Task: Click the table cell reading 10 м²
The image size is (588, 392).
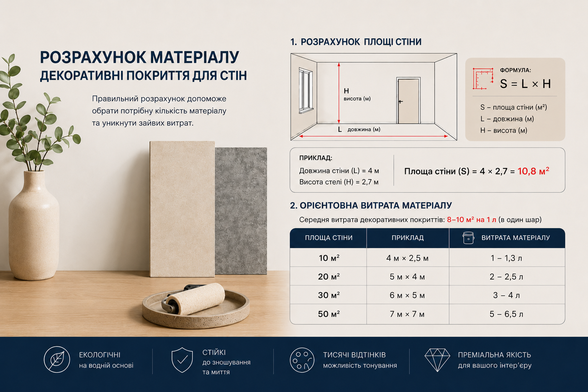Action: click(329, 258)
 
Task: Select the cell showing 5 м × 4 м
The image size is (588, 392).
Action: click(407, 277)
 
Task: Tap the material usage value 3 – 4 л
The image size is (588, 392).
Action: click(506, 295)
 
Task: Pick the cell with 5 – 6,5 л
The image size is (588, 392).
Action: click(506, 314)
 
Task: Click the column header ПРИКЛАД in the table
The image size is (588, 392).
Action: click(408, 238)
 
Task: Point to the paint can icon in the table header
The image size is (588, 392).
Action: click(468, 238)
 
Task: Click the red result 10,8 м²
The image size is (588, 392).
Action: click(533, 171)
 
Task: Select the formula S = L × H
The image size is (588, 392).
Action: click(525, 84)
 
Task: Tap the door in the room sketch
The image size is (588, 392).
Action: click(408, 101)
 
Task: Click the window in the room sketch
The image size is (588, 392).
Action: click(306, 90)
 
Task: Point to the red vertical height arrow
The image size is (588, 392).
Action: click(339, 93)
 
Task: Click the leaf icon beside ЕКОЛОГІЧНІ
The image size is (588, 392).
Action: click(57, 359)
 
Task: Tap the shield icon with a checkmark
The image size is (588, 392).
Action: click(182, 360)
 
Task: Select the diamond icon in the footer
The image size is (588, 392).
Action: click(437, 360)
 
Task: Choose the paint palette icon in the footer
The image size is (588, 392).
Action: click(302, 360)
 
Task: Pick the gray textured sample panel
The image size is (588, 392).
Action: click(241, 211)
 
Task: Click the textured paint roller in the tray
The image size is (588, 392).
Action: click(196, 299)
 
